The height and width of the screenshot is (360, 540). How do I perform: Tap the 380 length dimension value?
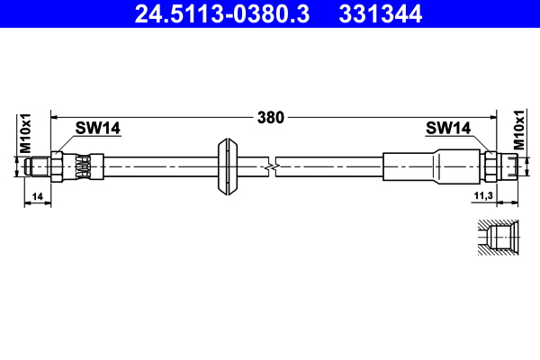point(271,117)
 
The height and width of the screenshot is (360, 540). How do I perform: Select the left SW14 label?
point(97,129)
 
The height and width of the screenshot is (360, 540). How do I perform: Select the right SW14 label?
point(447,129)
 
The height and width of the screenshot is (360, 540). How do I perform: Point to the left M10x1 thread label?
point(26,132)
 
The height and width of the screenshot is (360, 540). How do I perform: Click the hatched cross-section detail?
point(496,238)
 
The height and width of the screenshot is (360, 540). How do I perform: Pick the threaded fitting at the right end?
point(508,166)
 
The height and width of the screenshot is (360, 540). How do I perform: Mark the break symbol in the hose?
point(271,166)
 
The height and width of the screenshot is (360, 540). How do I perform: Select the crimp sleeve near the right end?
point(414,166)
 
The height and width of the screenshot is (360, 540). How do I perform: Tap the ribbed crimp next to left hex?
point(84,166)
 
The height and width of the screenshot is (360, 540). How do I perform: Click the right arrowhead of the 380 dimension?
point(492,117)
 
